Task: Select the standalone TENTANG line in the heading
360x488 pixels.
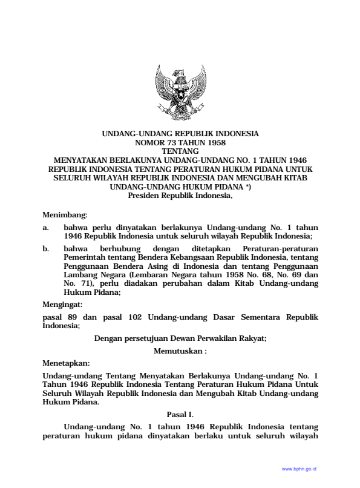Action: pos(180,151)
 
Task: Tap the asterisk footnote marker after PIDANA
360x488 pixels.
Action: pos(248,187)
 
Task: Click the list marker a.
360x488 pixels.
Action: pos(46,227)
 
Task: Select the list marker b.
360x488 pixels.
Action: pos(46,249)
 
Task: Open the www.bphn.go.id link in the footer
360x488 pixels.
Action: pos(299,469)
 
